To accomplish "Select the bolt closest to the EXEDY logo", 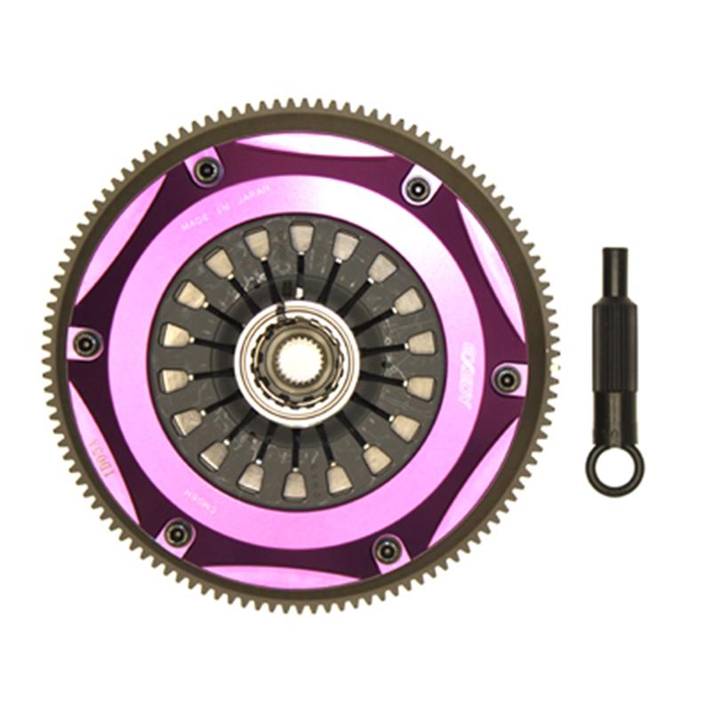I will (506, 379).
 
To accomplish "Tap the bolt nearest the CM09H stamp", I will (178, 533).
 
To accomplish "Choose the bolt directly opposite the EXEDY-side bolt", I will (86, 343).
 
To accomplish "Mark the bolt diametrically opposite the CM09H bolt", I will (416, 188).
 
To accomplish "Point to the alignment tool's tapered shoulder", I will (613, 293).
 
